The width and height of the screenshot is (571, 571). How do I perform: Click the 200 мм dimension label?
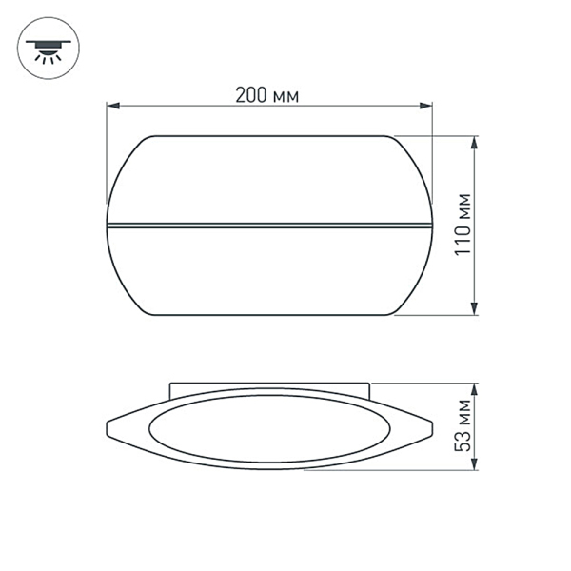point(267,95)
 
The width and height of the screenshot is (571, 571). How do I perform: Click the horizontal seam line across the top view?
point(269,226)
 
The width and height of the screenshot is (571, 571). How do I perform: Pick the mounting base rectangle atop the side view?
point(269,387)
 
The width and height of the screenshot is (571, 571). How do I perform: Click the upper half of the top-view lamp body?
point(269,181)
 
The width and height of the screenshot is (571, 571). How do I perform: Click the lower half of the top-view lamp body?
point(269,271)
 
